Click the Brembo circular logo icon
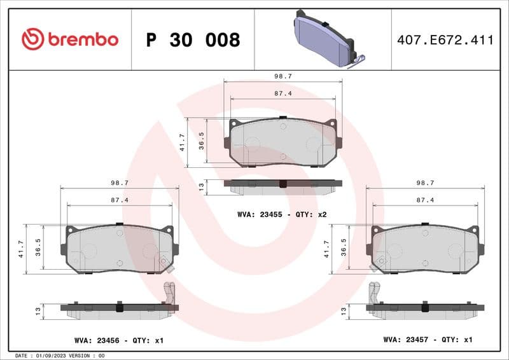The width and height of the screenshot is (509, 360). click(x=32, y=39)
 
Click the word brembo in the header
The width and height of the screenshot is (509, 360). click(x=81, y=39)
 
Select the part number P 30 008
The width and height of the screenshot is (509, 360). click(x=193, y=40)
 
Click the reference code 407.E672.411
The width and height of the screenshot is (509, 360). click(x=445, y=40)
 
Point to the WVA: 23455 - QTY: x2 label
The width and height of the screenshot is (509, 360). click(x=282, y=214)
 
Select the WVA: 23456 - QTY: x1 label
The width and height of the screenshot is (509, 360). click(x=119, y=340)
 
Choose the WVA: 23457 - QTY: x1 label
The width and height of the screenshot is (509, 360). click(x=428, y=340)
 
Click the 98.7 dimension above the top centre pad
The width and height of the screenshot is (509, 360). click(x=282, y=76)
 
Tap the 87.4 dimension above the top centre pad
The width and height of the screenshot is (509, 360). click(x=282, y=93)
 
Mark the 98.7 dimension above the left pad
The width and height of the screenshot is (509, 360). click(x=120, y=183)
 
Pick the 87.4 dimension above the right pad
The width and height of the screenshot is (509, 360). click(x=425, y=200)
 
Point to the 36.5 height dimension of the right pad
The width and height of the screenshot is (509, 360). click(x=344, y=247)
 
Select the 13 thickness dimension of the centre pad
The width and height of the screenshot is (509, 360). click(x=202, y=186)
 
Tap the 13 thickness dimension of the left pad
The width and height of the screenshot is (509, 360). click(x=39, y=310)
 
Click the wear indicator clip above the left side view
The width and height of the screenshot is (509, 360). click(x=169, y=292)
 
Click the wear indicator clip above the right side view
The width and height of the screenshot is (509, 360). click(x=375, y=292)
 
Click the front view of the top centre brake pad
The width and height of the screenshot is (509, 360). click(x=282, y=142)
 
